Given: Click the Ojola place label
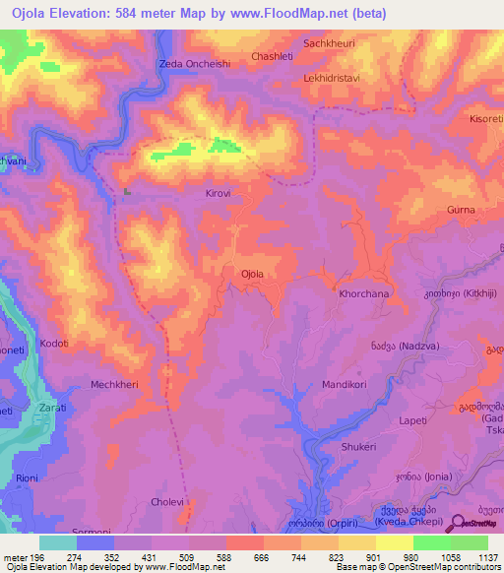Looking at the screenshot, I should (x=254, y=274).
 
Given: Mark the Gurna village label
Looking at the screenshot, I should (x=461, y=210).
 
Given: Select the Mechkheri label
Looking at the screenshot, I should (x=114, y=385).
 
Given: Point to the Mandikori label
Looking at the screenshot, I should (x=346, y=386).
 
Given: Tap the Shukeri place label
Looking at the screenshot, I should (x=358, y=447).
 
